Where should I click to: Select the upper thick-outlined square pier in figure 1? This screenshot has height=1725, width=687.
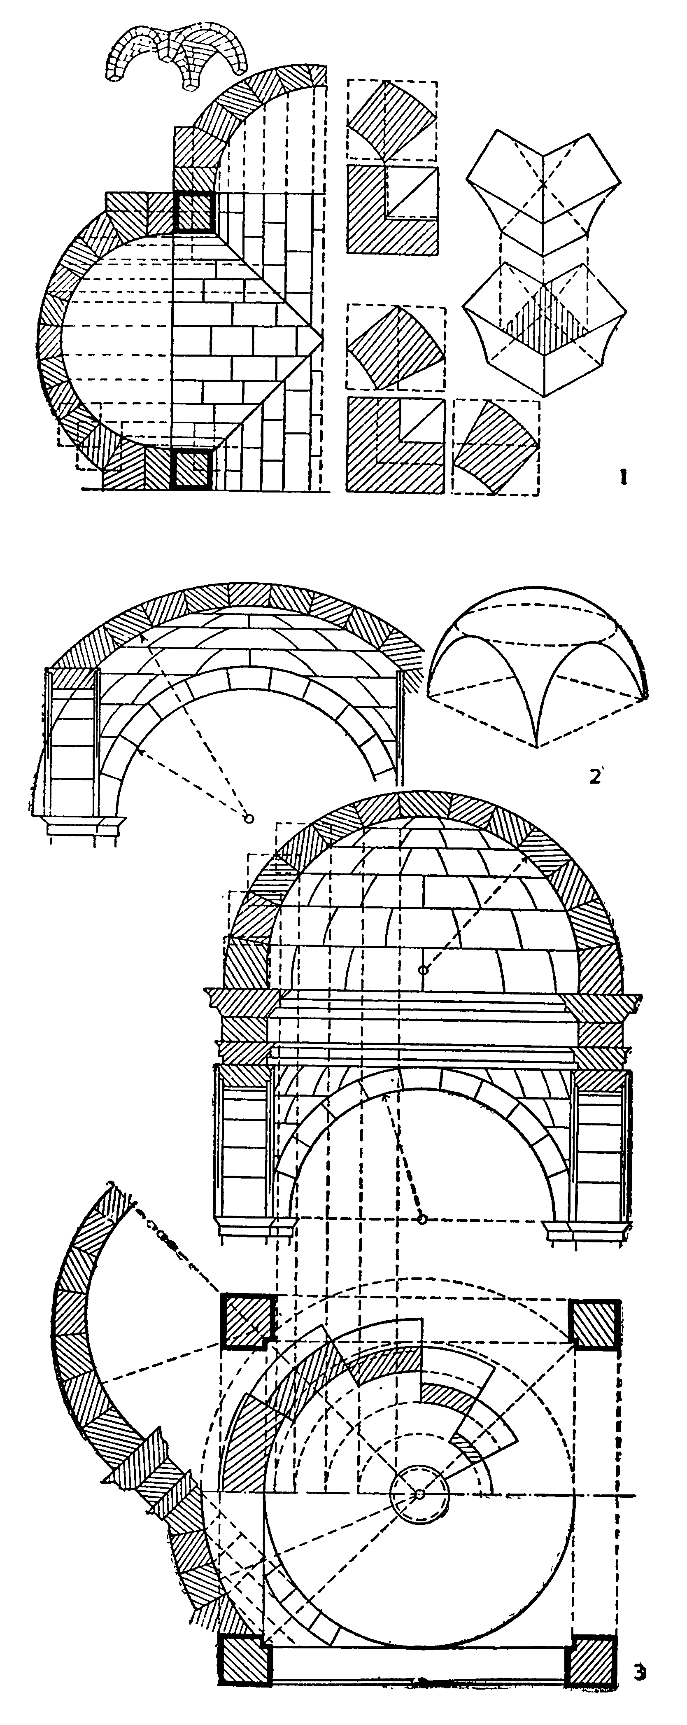tap(193, 212)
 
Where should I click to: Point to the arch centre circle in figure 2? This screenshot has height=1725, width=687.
tap(249, 818)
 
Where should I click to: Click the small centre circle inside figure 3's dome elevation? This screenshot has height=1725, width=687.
tap(422, 970)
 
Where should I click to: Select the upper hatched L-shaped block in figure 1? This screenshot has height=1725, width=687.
tap(392, 209)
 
